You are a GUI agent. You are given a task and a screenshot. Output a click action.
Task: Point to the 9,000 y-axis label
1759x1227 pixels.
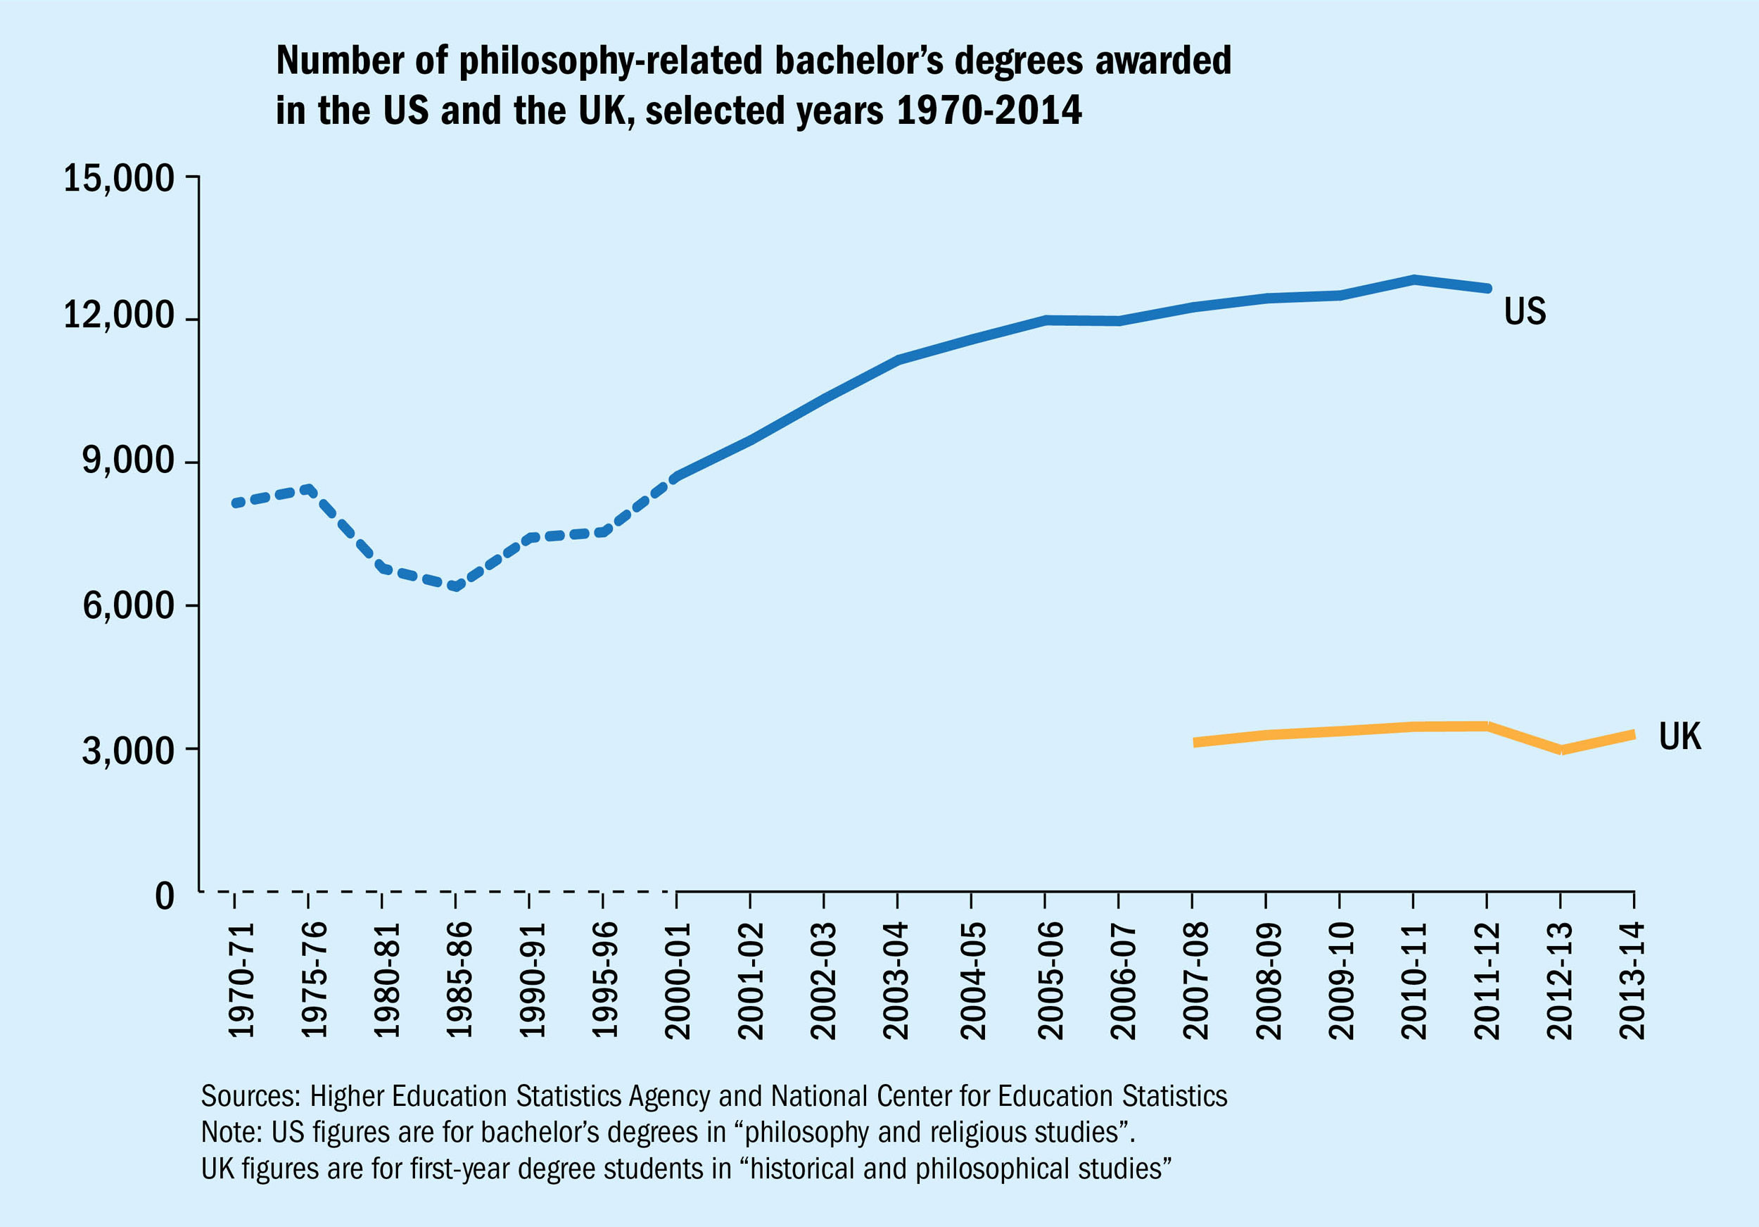click(x=129, y=460)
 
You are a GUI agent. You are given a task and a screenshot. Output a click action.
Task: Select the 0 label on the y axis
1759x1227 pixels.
click(x=165, y=895)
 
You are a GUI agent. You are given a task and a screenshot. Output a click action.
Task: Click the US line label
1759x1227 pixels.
click(x=1525, y=311)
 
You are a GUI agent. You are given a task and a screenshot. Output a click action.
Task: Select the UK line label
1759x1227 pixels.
click(x=1679, y=736)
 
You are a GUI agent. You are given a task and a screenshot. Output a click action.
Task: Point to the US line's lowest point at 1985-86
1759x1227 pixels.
click(x=456, y=586)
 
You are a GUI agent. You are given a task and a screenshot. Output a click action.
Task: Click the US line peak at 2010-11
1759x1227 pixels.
click(x=1414, y=279)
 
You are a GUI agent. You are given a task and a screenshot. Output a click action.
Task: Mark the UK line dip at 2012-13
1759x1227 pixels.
click(x=1561, y=750)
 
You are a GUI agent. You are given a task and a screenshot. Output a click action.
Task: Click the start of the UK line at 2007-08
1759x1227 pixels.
click(x=1195, y=743)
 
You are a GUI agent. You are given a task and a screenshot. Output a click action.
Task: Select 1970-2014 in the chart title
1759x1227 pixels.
click(x=989, y=111)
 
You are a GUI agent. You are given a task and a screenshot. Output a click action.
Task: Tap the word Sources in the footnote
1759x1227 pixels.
click(x=250, y=1096)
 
